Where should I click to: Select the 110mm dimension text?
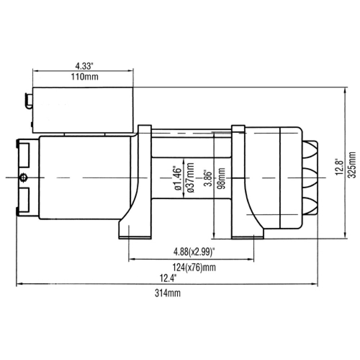click(85, 77)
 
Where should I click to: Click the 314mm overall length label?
click(168, 293)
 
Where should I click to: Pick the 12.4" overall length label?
click(168, 278)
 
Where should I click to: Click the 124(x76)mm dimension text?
click(194, 267)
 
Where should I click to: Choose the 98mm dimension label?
click(221, 178)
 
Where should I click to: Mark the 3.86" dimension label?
click(209, 178)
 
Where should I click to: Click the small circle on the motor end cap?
click(23, 177)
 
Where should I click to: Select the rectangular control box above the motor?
click(83, 110)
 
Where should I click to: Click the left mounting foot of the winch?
click(135, 230)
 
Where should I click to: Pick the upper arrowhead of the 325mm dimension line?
click(345, 90)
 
